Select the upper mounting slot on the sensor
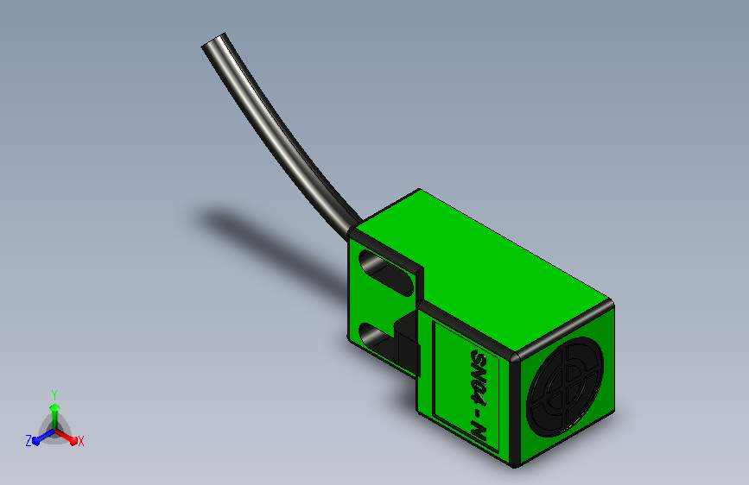coord(386,273)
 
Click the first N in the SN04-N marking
coord(478,371)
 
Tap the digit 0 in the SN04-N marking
coord(478,384)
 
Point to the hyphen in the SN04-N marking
coord(478,412)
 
